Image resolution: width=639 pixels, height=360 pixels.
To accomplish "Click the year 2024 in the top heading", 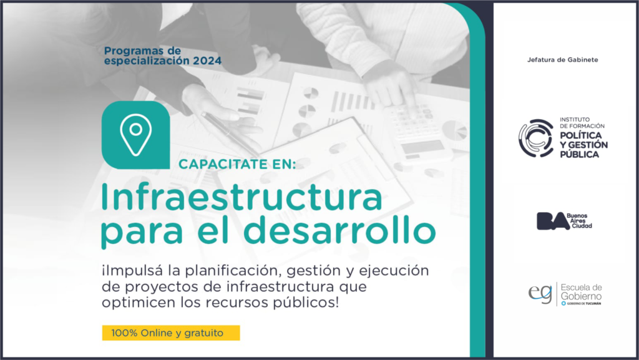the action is click(207, 61).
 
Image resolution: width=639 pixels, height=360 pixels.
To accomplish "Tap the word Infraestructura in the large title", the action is click(241, 197).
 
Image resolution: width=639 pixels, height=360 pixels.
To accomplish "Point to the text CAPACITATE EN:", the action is click(237, 165).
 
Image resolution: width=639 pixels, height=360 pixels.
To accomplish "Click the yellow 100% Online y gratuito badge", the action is click(171, 333).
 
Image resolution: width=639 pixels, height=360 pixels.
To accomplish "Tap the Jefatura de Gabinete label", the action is click(562, 60).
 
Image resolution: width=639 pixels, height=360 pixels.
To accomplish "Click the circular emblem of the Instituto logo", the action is click(535, 139).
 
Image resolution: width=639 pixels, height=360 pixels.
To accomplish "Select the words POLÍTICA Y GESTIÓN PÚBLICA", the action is click(583, 145).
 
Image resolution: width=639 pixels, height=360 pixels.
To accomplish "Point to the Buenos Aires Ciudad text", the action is click(579, 220).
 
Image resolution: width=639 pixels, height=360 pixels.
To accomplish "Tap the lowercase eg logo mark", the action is click(540, 294).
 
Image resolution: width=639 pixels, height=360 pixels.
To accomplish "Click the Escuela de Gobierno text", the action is click(581, 291).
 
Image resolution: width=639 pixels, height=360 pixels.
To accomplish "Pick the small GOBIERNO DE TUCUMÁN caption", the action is click(583, 303).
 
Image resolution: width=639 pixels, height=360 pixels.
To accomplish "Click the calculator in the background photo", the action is click(418, 131).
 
